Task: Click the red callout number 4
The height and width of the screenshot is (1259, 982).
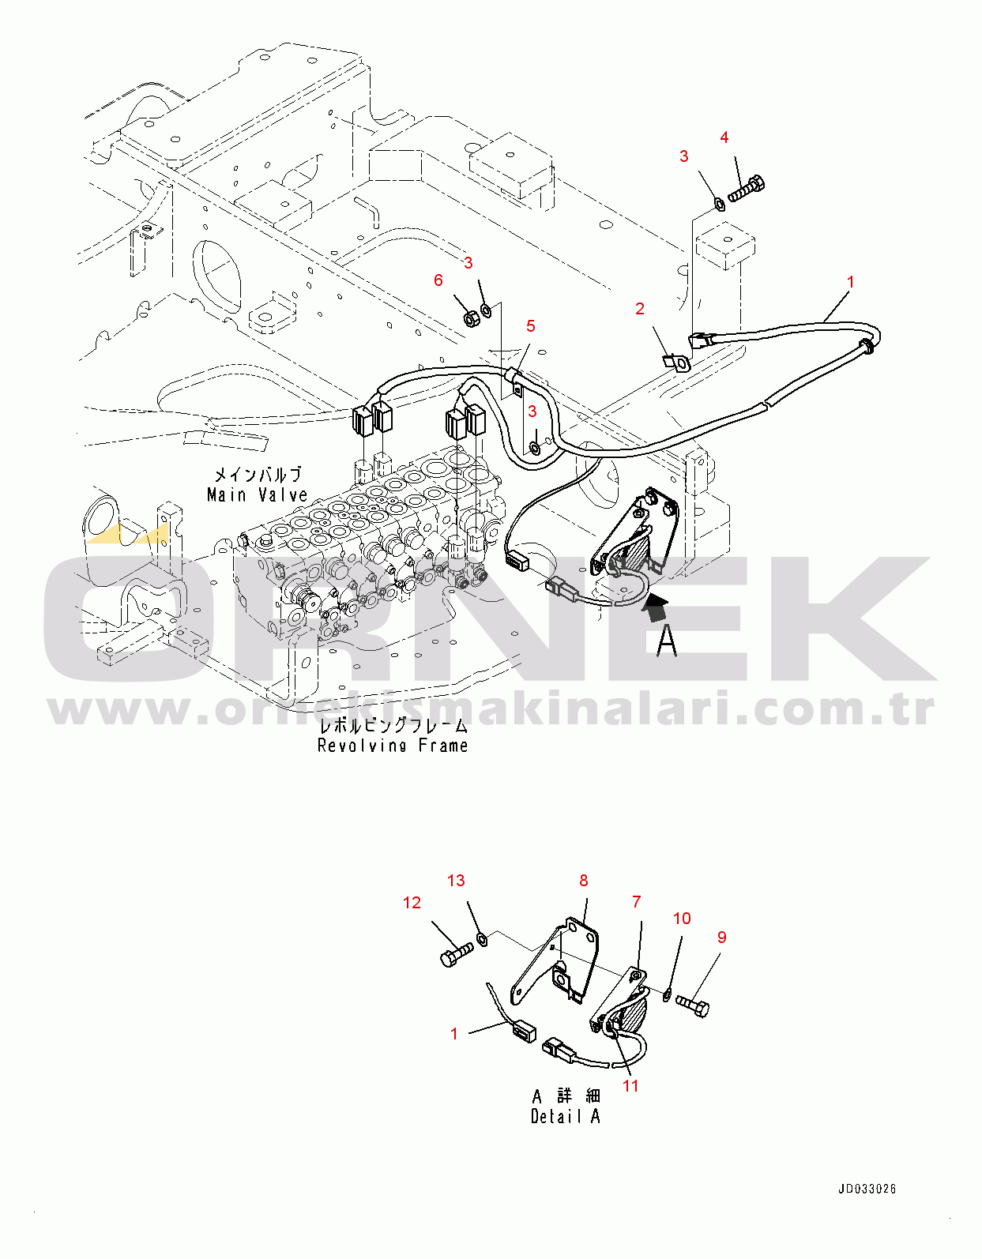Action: tap(724, 138)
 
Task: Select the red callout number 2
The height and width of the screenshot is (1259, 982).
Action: tap(640, 309)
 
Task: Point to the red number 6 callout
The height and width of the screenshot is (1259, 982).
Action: tap(438, 280)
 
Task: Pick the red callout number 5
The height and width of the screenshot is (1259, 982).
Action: tap(531, 327)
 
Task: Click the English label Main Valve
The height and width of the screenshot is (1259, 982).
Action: tap(258, 494)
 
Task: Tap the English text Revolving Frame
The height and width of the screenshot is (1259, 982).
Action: tap(393, 745)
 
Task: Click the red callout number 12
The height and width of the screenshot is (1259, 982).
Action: tap(412, 903)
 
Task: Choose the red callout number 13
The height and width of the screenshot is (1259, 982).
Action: tap(456, 881)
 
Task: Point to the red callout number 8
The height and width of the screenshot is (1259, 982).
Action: tap(583, 881)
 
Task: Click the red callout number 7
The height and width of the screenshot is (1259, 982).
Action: tap(637, 901)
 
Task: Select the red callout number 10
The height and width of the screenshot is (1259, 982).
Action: tap(682, 919)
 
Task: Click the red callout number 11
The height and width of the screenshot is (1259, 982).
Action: tap(630, 1086)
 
